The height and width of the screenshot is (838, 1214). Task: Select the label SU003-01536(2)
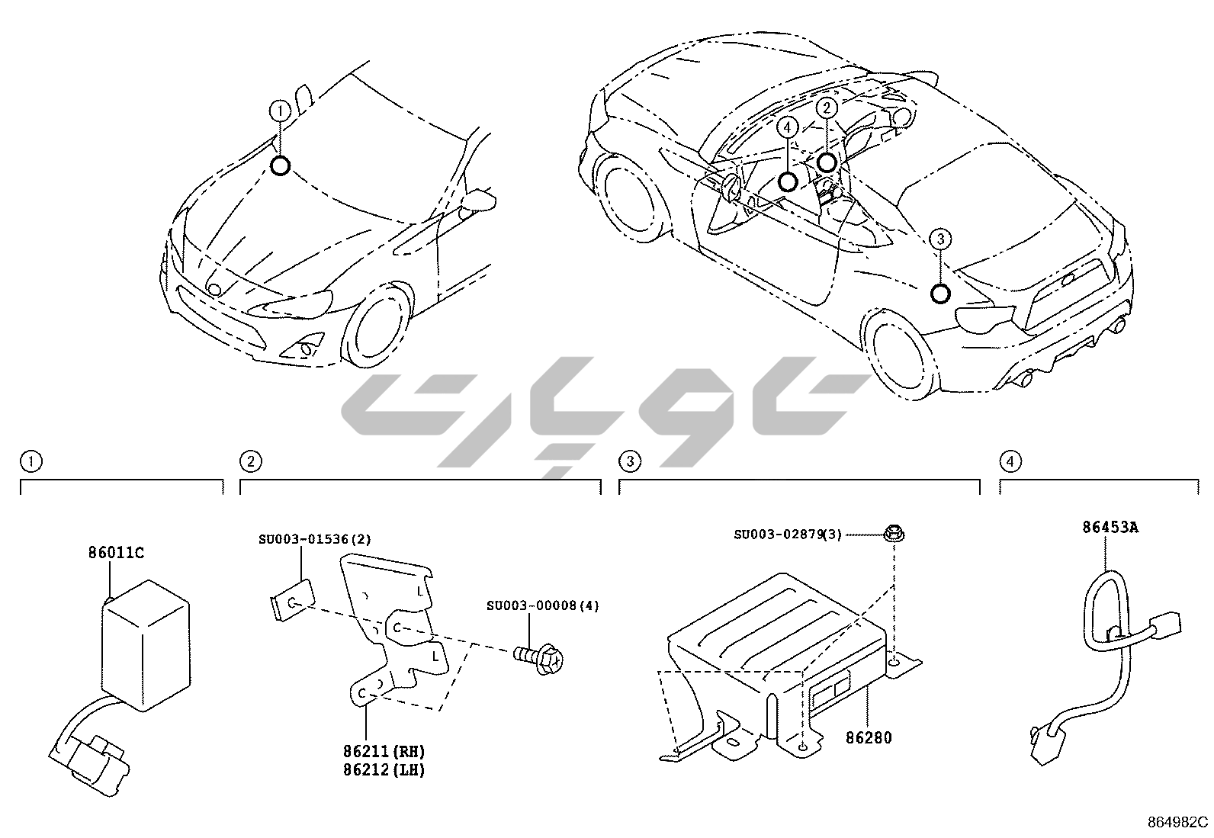point(314,539)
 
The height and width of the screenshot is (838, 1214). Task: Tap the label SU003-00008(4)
point(543,605)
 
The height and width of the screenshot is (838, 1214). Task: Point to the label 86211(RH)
point(384,753)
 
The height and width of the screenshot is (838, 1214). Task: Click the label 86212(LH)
point(384,770)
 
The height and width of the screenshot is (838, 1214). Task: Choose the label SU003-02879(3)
point(788,535)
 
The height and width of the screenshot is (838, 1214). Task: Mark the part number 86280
point(869,738)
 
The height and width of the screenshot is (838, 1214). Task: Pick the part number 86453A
point(1110,527)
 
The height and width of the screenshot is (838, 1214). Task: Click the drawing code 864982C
point(1178,822)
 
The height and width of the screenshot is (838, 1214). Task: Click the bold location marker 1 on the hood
point(281,165)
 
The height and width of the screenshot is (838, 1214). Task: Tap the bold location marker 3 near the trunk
point(940,294)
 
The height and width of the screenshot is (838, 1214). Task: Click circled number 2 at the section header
point(249,461)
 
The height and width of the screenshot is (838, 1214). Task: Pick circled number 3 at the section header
point(628,461)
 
